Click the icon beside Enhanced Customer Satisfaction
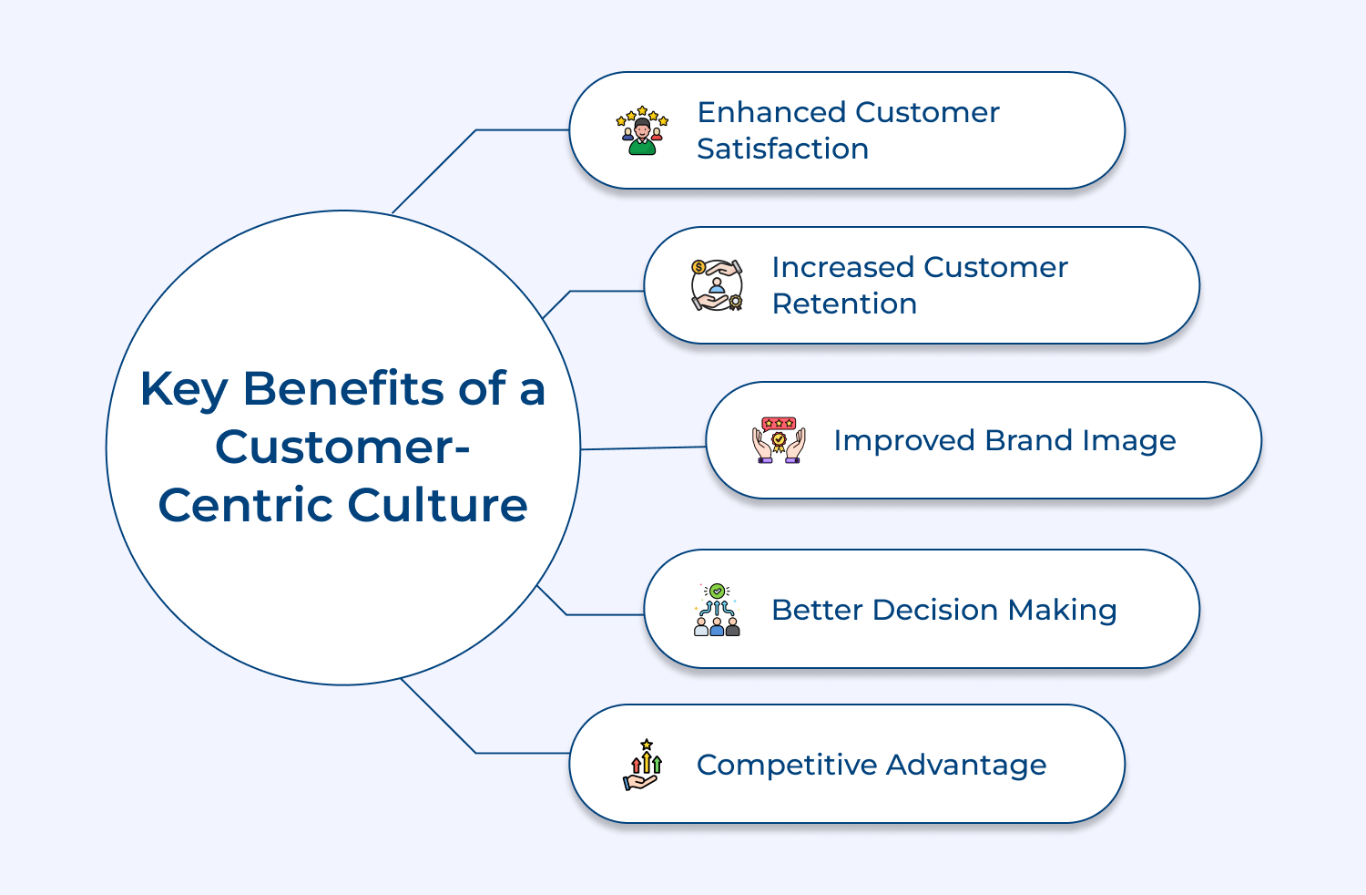[642, 130]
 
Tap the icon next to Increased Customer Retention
[717, 285]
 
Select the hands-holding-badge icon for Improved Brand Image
[779, 440]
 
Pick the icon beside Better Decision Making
[717, 610]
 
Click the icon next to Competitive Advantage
[643, 765]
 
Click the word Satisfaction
[782, 149]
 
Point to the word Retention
[844, 303]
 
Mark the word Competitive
[786, 765]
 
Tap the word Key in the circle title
[183, 390]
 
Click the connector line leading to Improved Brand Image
[643, 447]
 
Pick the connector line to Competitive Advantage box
[524, 753]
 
